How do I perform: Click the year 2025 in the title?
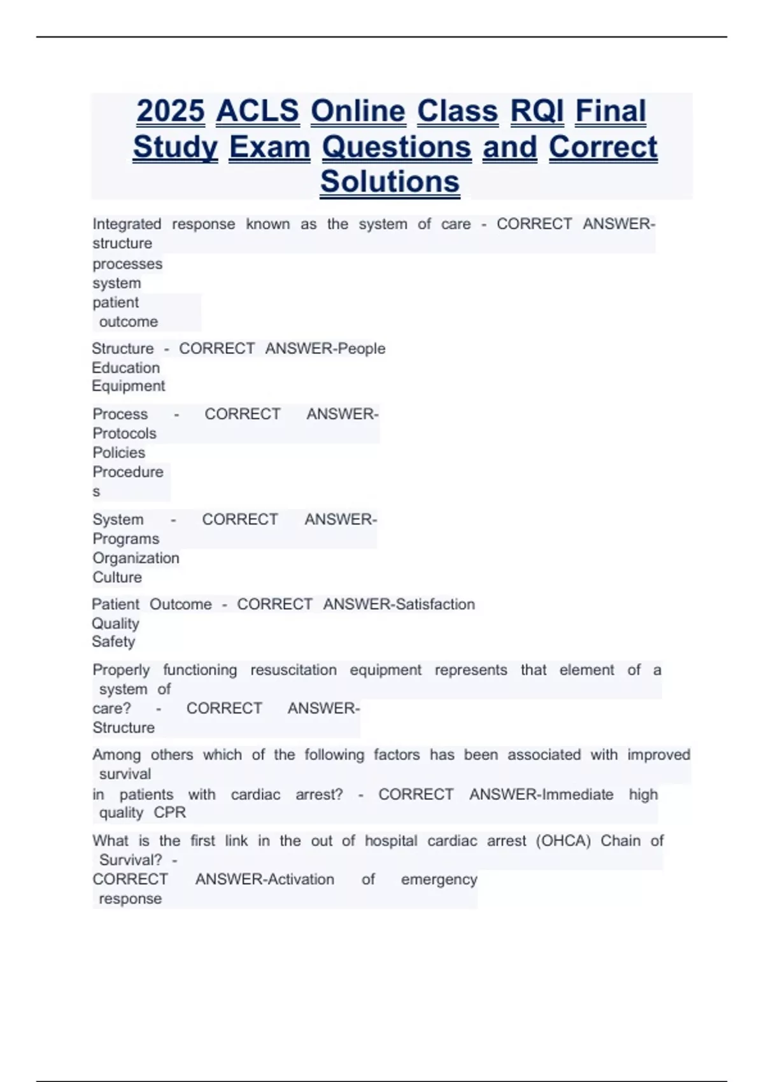(x=171, y=111)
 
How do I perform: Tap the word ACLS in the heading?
(x=257, y=111)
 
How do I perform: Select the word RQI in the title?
(x=537, y=111)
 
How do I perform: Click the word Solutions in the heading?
(x=390, y=181)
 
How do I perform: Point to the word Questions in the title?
(x=397, y=147)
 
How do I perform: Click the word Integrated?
(x=127, y=224)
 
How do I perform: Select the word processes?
(x=127, y=263)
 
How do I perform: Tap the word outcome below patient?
(x=129, y=321)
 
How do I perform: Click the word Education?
(x=125, y=368)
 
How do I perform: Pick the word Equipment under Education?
(x=128, y=386)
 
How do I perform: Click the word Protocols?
(x=124, y=433)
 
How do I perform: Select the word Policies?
(x=118, y=453)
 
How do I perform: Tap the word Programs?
(x=125, y=538)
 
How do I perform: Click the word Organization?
(x=136, y=558)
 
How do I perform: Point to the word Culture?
(x=117, y=577)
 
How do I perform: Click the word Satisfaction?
(x=435, y=604)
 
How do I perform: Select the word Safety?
(x=113, y=642)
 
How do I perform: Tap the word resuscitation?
(x=293, y=670)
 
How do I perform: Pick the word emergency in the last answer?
(x=439, y=880)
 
